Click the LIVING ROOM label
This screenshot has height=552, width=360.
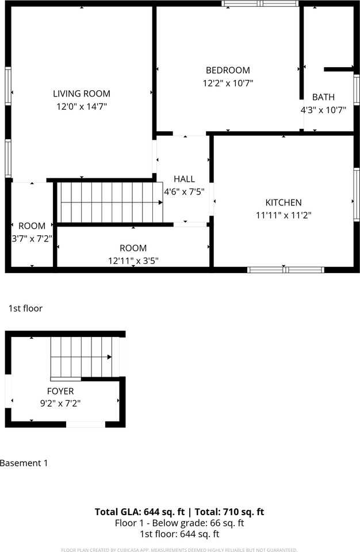[x=82, y=94]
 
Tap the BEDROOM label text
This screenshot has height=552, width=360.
[x=228, y=70]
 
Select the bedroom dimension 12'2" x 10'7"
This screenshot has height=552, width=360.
[x=228, y=83]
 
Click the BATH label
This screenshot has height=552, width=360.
[x=323, y=97]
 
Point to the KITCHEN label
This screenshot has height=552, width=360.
[x=283, y=202]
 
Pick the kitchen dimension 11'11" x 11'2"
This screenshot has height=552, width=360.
[x=283, y=215]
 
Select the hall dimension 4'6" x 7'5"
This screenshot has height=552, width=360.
[x=184, y=191]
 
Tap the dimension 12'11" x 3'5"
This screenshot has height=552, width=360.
[x=133, y=260]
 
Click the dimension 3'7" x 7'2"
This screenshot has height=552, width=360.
[x=32, y=238]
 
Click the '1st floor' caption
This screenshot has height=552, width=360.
[x=25, y=309]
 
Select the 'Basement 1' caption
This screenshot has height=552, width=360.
[x=24, y=463]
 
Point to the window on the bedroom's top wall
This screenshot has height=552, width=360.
[x=260, y=3]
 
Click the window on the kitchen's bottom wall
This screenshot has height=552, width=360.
[x=285, y=269]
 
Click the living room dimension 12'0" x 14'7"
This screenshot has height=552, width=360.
[x=82, y=106]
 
